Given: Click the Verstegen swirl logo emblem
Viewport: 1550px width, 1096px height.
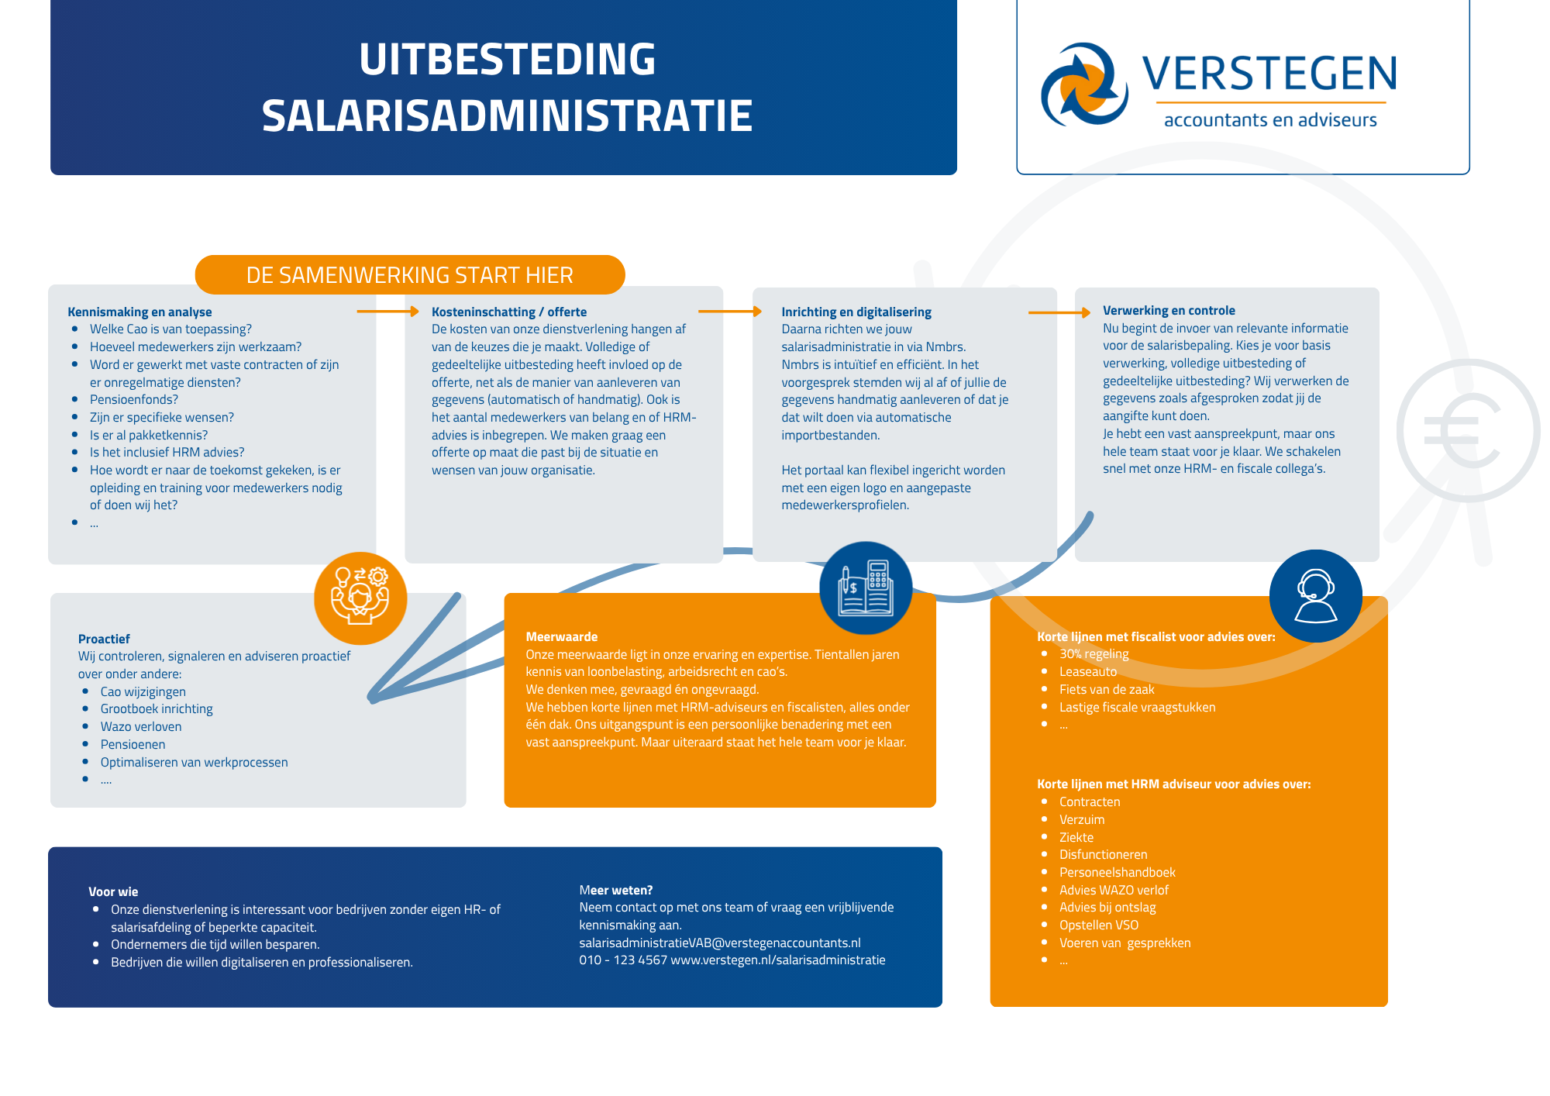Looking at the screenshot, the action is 1083,84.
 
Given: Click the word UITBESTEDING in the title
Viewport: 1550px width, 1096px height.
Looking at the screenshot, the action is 508,59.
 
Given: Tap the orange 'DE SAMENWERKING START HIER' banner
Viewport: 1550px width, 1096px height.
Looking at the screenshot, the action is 410,275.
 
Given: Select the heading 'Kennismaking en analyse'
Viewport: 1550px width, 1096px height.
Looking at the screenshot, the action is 139,312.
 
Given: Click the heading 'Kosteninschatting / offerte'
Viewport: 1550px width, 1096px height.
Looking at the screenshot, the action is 509,312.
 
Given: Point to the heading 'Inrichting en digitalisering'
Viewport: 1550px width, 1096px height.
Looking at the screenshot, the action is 856,312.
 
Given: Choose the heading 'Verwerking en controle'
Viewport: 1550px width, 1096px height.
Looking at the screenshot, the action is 1169,310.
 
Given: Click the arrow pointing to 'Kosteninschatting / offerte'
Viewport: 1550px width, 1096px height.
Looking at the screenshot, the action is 387,312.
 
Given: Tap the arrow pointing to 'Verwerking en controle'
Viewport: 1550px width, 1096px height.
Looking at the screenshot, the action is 1059,312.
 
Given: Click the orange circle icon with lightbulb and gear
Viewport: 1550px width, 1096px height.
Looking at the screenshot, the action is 360,598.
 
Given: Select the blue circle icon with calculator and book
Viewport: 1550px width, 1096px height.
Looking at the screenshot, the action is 866,588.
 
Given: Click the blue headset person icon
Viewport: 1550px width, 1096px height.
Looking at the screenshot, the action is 1316,596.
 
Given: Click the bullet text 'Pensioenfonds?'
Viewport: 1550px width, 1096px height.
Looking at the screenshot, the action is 134,400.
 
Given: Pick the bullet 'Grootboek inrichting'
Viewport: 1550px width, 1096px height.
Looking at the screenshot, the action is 157,709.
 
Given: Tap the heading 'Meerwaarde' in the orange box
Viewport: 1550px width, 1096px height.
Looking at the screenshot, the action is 562,637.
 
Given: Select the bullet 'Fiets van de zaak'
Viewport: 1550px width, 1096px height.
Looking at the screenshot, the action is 1107,690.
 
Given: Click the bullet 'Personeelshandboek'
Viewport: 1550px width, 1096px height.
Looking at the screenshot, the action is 1118,873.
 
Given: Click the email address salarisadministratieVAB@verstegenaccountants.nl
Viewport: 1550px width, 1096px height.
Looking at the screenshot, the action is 720,943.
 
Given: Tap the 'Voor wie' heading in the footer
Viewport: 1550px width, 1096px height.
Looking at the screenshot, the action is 113,892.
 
